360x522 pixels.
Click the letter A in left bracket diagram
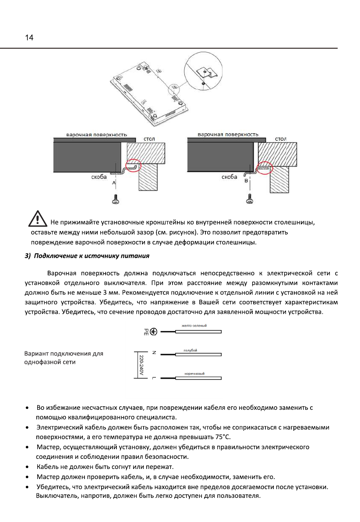pos(114,181)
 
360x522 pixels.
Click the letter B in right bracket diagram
pos(246,180)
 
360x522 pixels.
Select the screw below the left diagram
pos(116,199)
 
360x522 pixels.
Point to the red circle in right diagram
pos(264,167)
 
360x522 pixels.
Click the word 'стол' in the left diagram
pos(149,139)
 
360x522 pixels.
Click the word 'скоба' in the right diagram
pos(229,177)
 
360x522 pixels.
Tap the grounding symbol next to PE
pos(154,332)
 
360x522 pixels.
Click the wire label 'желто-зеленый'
pos(194,326)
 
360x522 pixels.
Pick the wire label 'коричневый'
pos(194,373)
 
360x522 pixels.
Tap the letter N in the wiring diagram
pos(154,352)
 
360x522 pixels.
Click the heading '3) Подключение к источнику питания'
pos(87,255)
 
